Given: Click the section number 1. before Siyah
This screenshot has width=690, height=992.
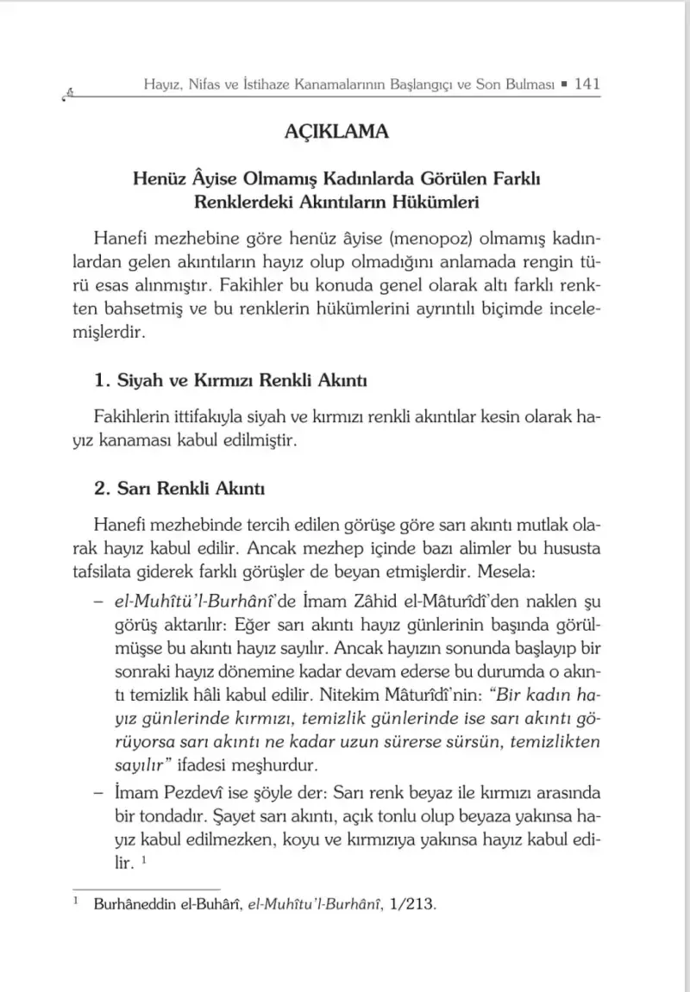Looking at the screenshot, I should coord(103,380).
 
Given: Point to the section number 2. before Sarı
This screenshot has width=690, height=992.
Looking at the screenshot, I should coord(103,490).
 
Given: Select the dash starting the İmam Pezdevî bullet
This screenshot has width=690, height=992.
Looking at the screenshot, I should coord(99,791).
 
